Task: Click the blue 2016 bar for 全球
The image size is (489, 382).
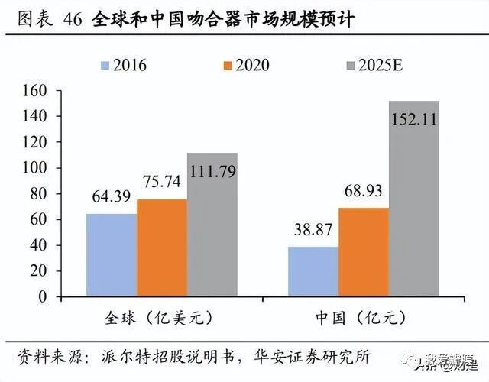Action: (x=112, y=254)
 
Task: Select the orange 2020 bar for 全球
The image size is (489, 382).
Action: (x=162, y=248)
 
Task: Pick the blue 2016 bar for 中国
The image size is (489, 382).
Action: (x=313, y=271)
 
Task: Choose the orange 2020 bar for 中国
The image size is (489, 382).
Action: (x=364, y=251)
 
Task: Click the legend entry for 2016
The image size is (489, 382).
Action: (x=125, y=65)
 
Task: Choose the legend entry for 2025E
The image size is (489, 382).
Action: (x=355, y=65)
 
